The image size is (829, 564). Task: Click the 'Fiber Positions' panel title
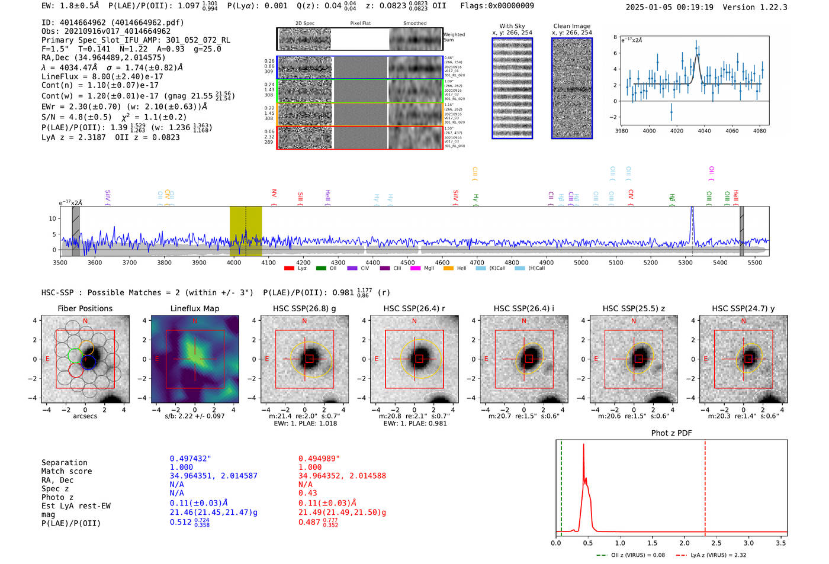pyautogui.click(x=85, y=308)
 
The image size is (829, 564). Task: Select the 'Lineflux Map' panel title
pyautogui.click(x=194, y=308)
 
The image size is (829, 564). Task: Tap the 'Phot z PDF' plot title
pyautogui.click(x=671, y=433)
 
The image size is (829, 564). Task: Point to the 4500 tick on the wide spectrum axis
pyautogui.click(x=407, y=262)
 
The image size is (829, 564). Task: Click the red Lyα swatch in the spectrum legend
pyautogui.click(x=289, y=269)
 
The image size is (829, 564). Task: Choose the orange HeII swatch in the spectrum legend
pyautogui.click(x=448, y=269)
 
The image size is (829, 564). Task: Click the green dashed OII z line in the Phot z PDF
pyautogui.click(x=561, y=485)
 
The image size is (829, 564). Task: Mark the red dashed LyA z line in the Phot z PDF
pyautogui.click(x=705, y=485)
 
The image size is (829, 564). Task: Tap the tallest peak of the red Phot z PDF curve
pyautogui.click(x=583, y=445)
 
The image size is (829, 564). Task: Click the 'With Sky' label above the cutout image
pyautogui.click(x=512, y=26)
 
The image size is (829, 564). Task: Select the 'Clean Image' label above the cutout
pyautogui.click(x=571, y=26)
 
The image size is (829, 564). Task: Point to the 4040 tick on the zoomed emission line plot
pyautogui.click(x=704, y=131)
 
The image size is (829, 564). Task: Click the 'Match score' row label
pyautogui.click(x=66, y=472)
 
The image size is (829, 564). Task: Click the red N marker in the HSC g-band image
pyautogui.click(x=304, y=321)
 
